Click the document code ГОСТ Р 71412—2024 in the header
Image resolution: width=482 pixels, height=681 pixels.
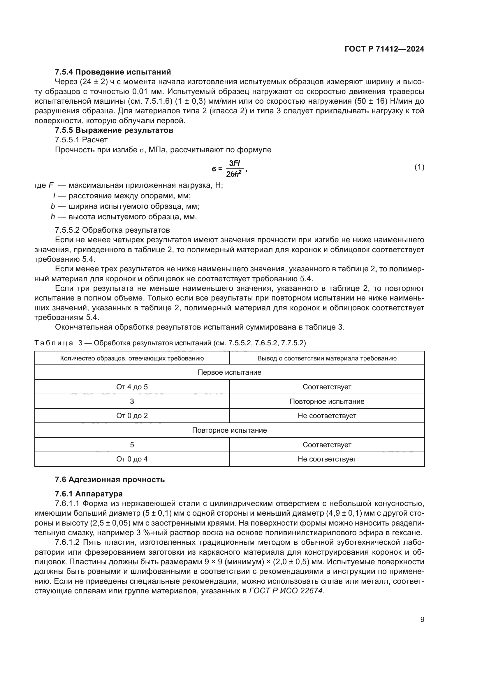[x=384, y=49]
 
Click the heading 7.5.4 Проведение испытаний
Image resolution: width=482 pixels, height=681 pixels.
[x=113, y=72]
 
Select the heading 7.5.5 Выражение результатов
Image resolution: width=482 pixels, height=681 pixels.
[x=114, y=130]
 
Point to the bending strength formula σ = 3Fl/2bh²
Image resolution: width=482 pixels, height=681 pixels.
[x=229, y=169]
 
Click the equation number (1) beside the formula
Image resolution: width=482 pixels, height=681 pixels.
[x=419, y=167]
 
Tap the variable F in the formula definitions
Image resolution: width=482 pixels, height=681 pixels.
[x=51, y=186]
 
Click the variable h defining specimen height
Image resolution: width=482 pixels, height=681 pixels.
[x=53, y=217]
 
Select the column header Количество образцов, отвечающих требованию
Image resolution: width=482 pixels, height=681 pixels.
[x=132, y=358]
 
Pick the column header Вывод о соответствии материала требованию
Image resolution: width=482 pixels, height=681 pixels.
[x=327, y=358]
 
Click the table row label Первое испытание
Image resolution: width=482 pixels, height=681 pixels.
[x=229, y=373]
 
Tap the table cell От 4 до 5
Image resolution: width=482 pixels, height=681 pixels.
[x=132, y=387]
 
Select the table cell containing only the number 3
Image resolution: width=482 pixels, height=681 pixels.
[x=132, y=401]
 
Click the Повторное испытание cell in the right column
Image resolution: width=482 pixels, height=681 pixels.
[x=327, y=401]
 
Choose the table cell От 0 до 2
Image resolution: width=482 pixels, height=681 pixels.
[x=132, y=416]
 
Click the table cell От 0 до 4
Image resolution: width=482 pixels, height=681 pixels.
[x=132, y=459]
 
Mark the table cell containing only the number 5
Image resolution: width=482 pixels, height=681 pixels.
[x=132, y=445]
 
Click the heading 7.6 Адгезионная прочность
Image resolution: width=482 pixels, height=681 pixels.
[x=110, y=480]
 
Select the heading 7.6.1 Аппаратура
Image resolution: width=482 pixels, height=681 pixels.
[x=89, y=494]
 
